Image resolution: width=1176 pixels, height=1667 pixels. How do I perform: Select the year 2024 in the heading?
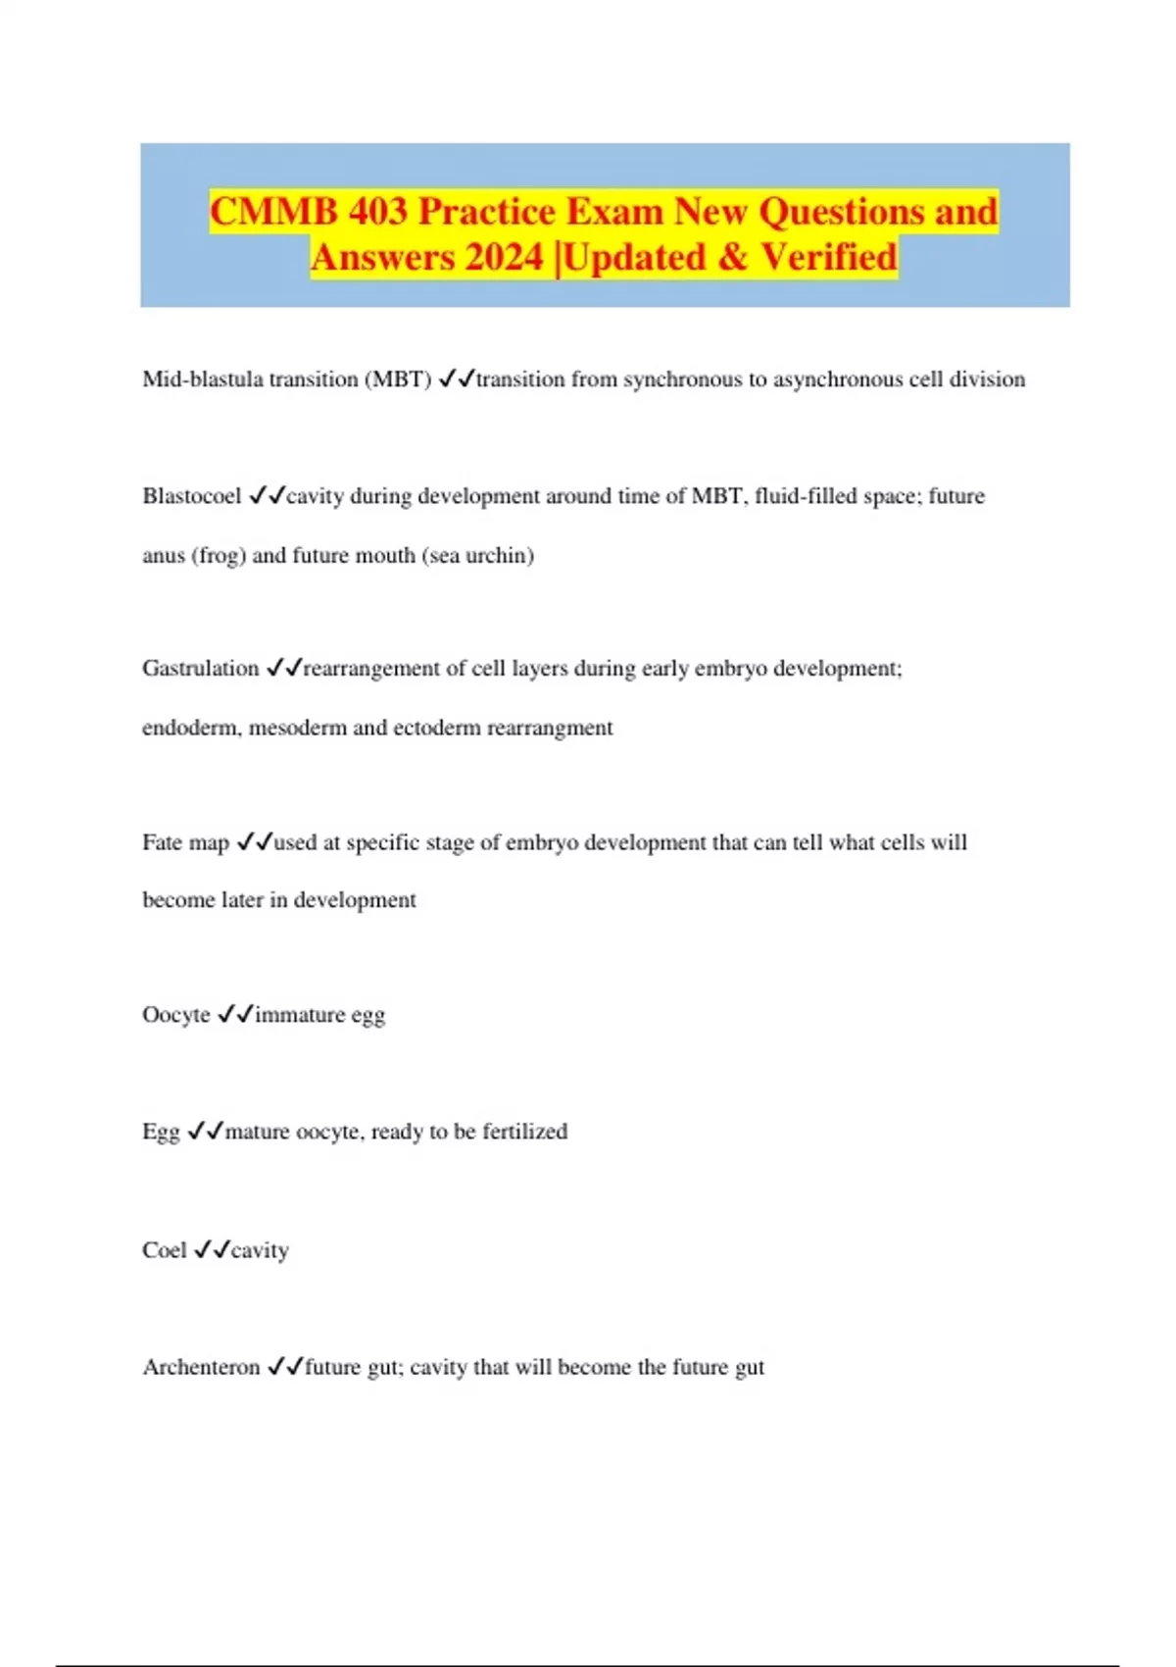(504, 258)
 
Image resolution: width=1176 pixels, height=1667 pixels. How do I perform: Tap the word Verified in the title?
(828, 258)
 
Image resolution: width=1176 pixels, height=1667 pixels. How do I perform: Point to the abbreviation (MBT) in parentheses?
(398, 379)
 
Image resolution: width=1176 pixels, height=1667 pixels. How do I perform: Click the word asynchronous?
(838, 379)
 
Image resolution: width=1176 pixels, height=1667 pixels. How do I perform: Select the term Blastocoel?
(191, 496)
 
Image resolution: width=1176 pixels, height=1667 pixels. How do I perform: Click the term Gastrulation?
(200, 669)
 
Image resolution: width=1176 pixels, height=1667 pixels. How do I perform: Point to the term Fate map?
(185, 842)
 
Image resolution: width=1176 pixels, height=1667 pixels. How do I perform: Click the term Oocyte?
(176, 1015)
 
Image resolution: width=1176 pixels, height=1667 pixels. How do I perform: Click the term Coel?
(164, 1250)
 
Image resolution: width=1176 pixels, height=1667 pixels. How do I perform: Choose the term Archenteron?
(201, 1367)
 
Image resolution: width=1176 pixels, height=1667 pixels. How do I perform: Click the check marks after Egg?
(206, 1132)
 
